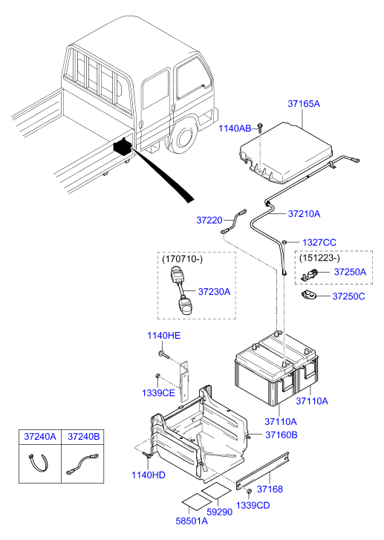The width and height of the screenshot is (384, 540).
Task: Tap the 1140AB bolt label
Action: click(x=235, y=129)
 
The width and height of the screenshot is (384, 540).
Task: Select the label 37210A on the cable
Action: click(x=305, y=214)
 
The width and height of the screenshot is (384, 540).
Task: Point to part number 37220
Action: click(x=209, y=221)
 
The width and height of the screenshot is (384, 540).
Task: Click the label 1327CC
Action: click(x=319, y=242)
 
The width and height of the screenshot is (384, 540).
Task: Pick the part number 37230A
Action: click(x=214, y=292)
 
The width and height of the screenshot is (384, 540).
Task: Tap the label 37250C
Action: click(x=348, y=296)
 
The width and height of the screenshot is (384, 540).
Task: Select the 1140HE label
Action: click(x=163, y=336)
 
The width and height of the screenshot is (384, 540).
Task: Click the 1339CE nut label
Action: click(x=159, y=393)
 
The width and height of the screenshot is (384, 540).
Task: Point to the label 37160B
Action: click(x=280, y=435)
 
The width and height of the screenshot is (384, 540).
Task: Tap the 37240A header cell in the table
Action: click(x=40, y=437)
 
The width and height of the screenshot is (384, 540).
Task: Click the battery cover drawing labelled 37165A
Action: click(x=282, y=152)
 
